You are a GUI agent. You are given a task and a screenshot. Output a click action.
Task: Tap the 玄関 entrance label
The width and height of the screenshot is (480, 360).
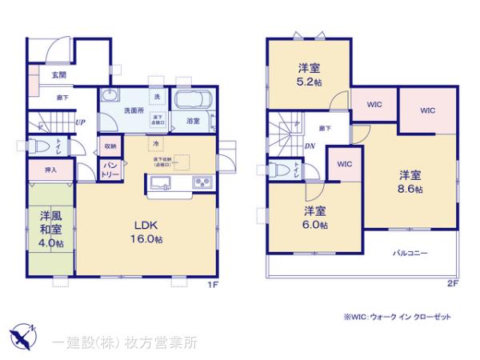pos(59,75)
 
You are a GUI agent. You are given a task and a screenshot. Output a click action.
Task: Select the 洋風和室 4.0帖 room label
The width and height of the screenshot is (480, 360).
pos(52,228)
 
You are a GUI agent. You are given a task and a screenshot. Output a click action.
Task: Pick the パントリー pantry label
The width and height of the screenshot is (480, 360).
pos(109,169)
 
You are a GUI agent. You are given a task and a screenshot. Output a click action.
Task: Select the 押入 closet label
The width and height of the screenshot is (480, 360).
pos(49,170)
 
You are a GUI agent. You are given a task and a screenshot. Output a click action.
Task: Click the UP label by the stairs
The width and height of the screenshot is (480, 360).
pos(80,122)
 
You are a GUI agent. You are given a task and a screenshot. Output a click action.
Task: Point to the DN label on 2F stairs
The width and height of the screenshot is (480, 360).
pos(310,146)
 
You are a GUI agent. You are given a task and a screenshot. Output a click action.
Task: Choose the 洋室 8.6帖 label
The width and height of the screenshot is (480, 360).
pos(411,182)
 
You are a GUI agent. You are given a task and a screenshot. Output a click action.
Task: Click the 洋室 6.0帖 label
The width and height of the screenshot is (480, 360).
pos(315,218)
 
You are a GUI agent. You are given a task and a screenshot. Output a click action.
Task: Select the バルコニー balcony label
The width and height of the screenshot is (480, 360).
pos(409,253)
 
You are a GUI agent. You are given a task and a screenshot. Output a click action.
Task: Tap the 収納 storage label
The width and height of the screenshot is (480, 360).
pos(110,146)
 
